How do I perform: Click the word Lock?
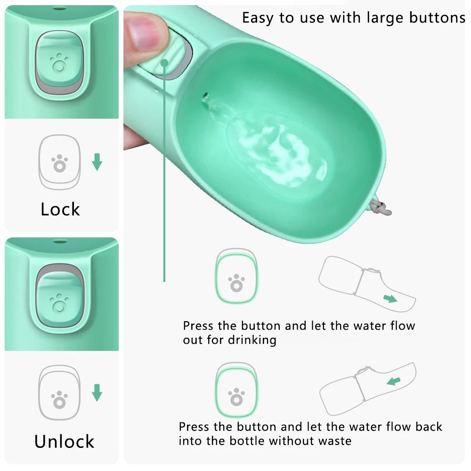(x=60, y=209)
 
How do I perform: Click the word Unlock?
(x=64, y=441)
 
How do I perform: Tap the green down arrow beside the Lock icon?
(x=97, y=162)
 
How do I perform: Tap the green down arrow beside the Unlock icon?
(x=97, y=393)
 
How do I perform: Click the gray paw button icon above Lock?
(x=59, y=162)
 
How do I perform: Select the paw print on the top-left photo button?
(x=59, y=63)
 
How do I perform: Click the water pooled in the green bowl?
(x=278, y=151)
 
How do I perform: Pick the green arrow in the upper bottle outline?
(x=390, y=299)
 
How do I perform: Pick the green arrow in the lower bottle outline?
(x=393, y=381)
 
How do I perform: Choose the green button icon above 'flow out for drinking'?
(x=236, y=277)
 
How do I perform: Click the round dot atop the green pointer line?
(x=164, y=62)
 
